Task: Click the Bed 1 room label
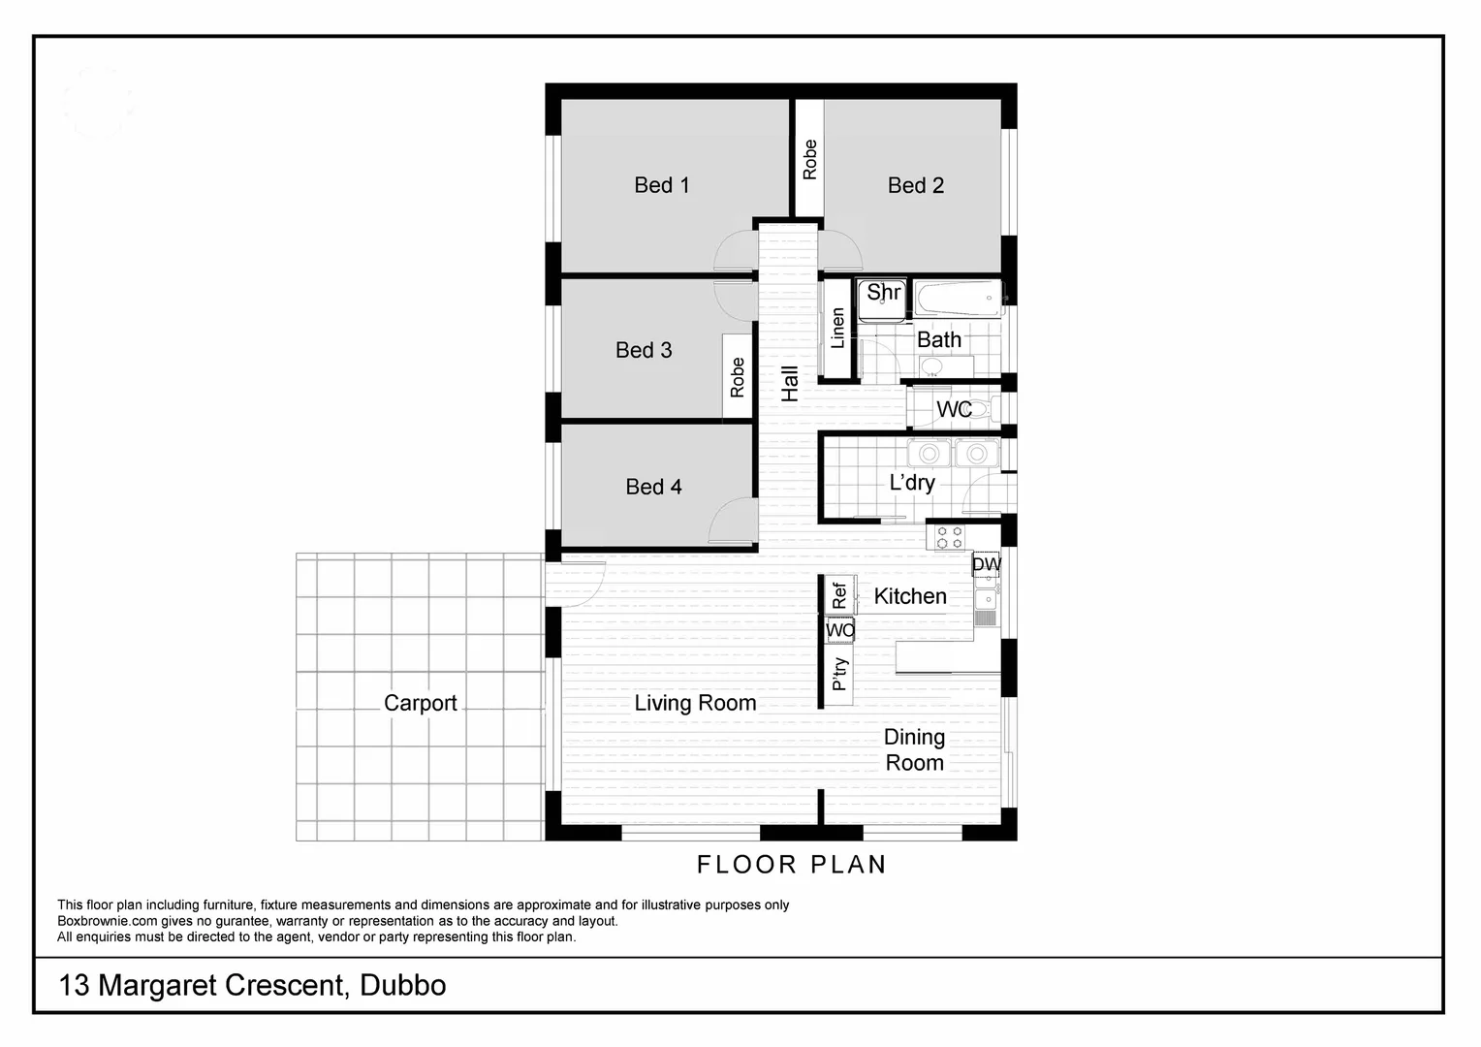(x=662, y=185)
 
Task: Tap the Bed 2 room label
(x=915, y=185)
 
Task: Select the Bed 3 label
(x=644, y=350)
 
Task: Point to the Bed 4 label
(x=653, y=487)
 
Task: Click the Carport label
(x=420, y=703)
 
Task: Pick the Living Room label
(x=695, y=703)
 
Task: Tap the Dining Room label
(x=914, y=749)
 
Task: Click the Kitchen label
(x=910, y=596)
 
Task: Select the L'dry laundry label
(x=912, y=482)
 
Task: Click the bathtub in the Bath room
(x=958, y=300)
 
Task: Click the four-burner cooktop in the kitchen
(x=949, y=537)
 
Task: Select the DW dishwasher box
(x=986, y=564)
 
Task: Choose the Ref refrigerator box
(x=839, y=594)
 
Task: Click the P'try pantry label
(x=839, y=674)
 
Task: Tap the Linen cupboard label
(x=837, y=329)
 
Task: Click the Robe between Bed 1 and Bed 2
(x=809, y=160)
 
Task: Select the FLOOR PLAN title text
(x=791, y=864)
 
